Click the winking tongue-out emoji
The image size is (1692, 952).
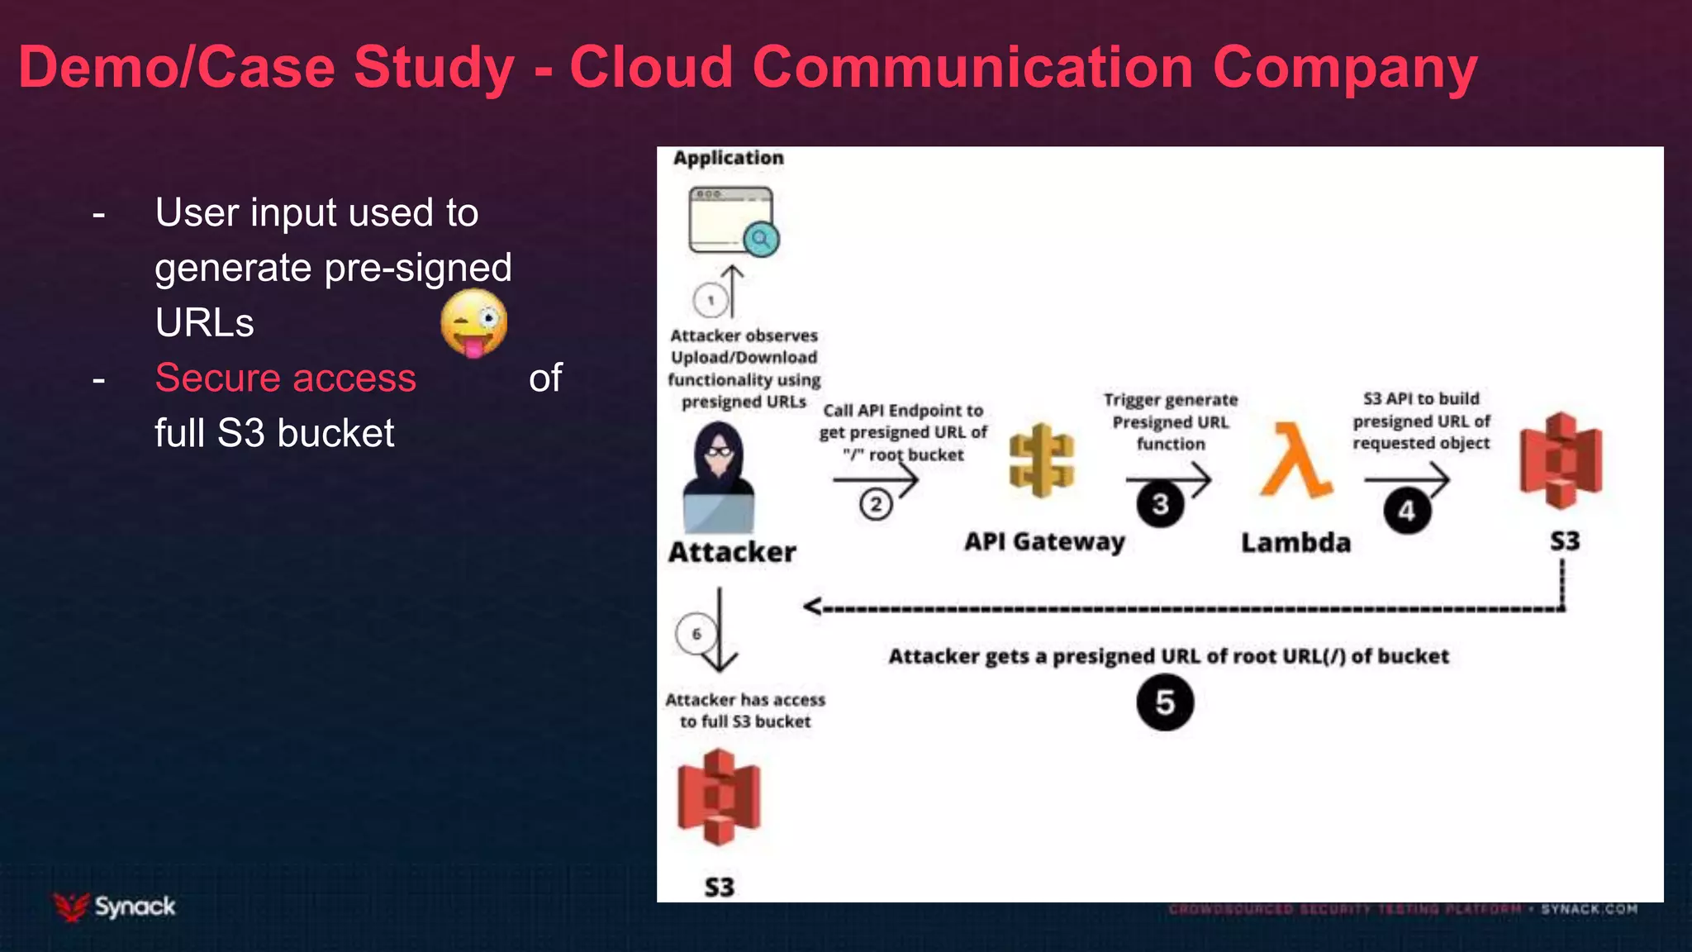(x=473, y=323)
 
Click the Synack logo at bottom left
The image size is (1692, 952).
(x=115, y=907)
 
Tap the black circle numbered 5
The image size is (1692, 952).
(x=1165, y=702)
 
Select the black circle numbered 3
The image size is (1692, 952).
(x=1160, y=503)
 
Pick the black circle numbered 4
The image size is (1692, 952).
(x=1407, y=511)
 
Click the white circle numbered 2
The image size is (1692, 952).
(x=876, y=504)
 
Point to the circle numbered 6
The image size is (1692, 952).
(x=696, y=634)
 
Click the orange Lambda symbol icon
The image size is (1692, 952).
(x=1295, y=460)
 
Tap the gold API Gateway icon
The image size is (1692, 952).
(x=1042, y=460)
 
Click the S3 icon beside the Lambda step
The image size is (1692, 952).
(x=1561, y=460)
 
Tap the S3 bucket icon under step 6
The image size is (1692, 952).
(x=718, y=797)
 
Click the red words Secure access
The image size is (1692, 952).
(x=285, y=378)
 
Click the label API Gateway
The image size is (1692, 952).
(x=1044, y=541)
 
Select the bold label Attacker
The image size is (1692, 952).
(x=732, y=551)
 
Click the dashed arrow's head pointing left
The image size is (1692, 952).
(x=812, y=607)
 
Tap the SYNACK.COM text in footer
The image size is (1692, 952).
(x=1589, y=909)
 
